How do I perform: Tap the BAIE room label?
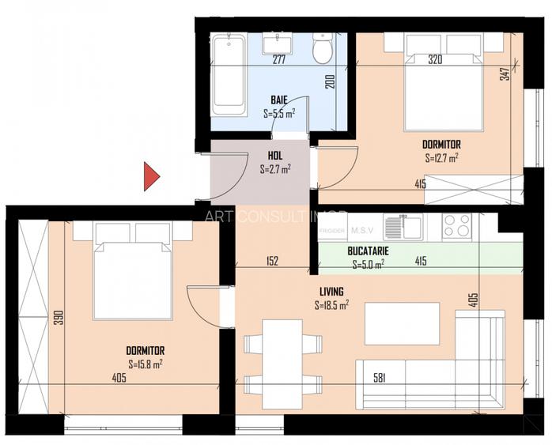pos(278,100)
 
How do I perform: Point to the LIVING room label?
pos(331,291)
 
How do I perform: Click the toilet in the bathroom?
pos(322,50)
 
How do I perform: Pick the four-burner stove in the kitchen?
pos(458,226)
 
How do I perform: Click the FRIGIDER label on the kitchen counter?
pos(333,231)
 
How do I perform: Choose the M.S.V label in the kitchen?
pos(363,230)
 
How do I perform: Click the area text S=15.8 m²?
pos(146,364)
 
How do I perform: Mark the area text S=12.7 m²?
pos(441,157)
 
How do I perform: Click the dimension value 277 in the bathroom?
pos(278,59)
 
